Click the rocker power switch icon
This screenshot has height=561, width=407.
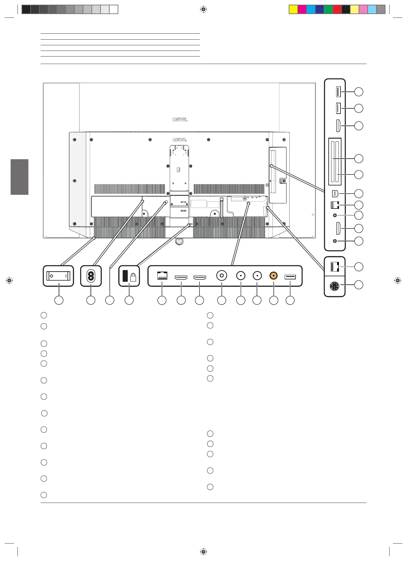pos(58,276)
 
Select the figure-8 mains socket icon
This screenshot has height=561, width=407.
pos(91,276)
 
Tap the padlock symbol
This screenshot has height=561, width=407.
pos(133,277)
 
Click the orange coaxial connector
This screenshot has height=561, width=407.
pos(274,276)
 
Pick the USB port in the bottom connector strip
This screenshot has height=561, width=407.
pos(290,277)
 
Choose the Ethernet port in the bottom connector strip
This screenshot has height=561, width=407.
pos(162,276)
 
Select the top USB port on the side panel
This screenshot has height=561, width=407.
pos(338,92)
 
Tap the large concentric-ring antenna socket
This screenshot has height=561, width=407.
pos(222,276)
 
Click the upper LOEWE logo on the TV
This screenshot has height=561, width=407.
pos(180,120)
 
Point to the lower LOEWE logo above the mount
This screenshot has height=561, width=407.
pos(180,140)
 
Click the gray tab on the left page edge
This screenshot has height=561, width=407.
pos(20,177)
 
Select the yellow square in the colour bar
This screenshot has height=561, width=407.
pos(293,10)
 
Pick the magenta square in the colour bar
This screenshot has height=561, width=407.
pos(302,10)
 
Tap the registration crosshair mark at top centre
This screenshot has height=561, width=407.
pos(203,10)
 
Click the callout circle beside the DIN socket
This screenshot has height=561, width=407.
pos(359,285)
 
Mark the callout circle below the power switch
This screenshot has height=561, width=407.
pos(59,300)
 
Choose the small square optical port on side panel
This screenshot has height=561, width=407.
pos(335,194)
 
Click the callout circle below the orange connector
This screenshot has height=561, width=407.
pos(274,300)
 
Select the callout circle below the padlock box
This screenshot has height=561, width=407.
pos(129,300)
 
